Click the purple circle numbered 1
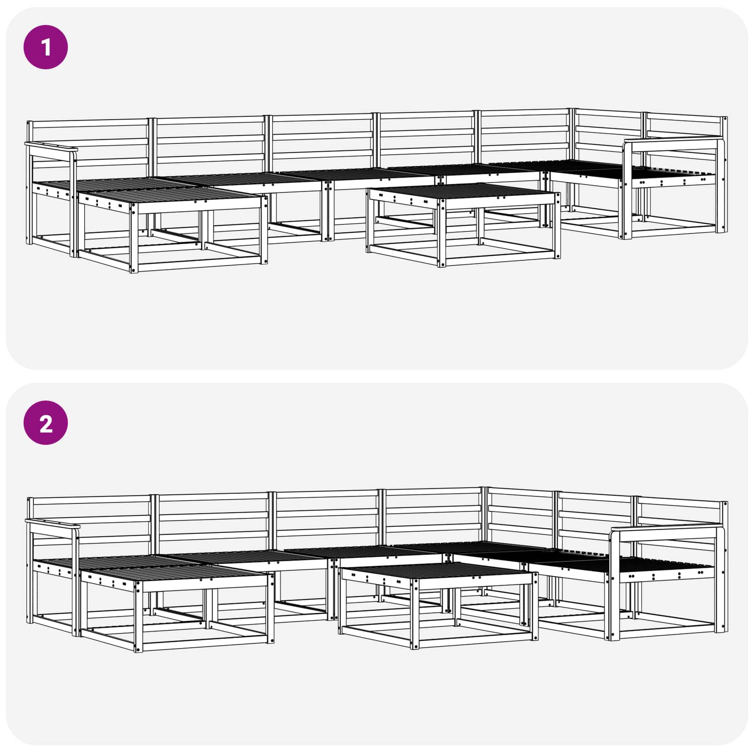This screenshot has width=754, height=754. click(46, 48)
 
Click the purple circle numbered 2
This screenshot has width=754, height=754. click(46, 423)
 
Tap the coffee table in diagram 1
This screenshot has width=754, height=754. click(463, 225)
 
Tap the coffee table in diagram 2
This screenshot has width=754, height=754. click(438, 606)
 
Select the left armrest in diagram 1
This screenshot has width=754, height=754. click(51, 147)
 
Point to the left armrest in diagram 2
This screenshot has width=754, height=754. click(52, 523)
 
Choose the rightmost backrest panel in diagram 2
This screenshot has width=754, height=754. click(681, 523)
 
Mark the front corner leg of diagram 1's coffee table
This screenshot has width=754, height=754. click(441, 234)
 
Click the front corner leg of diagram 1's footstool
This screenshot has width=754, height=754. click(134, 238)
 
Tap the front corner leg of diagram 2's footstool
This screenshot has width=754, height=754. click(139, 617)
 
